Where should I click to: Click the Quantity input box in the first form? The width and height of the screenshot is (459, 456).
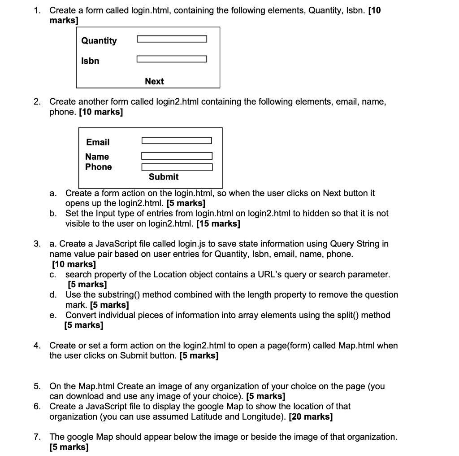pyautogui.click(x=172, y=39)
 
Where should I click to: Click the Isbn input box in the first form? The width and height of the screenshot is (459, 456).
pyautogui.click(x=172, y=59)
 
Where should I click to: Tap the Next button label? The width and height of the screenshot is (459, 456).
pyautogui.click(x=154, y=81)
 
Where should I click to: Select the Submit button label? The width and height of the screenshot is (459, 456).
pyautogui.click(x=164, y=177)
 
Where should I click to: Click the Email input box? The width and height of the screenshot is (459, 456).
pyautogui.click(x=177, y=141)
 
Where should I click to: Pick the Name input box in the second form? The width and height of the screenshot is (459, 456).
pyautogui.click(x=177, y=156)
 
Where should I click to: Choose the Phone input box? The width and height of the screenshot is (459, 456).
pyautogui.click(x=177, y=167)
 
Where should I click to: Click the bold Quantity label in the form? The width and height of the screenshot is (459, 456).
pyautogui.click(x=99, y=40)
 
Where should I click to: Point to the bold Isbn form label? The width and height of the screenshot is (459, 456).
pyautogui.click(x=90, y=61)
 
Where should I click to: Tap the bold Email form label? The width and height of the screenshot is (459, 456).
pyautogui.click(x=98, y=142)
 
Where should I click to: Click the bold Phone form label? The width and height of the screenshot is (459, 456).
pyautogui.click(x=99, y=167)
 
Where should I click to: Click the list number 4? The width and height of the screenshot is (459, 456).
pyautogui.click(x=37, y=346)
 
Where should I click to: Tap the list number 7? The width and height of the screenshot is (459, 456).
pyautogui.click(x=37, y=437)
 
